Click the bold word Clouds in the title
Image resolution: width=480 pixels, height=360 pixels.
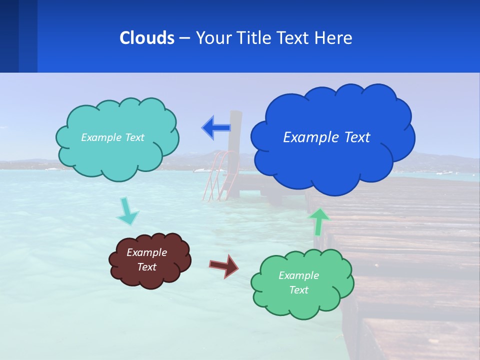click(146, 38)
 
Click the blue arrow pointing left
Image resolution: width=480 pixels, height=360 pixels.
click(216, 128)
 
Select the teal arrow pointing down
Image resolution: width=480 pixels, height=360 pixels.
click(127, 212)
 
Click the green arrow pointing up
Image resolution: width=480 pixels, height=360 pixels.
click(319, 221)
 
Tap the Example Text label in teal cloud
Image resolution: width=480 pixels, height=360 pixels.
click(112, 137)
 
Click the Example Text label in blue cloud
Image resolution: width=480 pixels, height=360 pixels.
click(326, 137)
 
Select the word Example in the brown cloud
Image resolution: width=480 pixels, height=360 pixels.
click(146, 252)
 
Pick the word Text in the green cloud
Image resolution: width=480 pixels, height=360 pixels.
click(298, 290)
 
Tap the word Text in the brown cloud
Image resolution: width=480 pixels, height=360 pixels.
click(146, 267)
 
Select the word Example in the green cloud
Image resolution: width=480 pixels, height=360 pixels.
click(298, 275)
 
